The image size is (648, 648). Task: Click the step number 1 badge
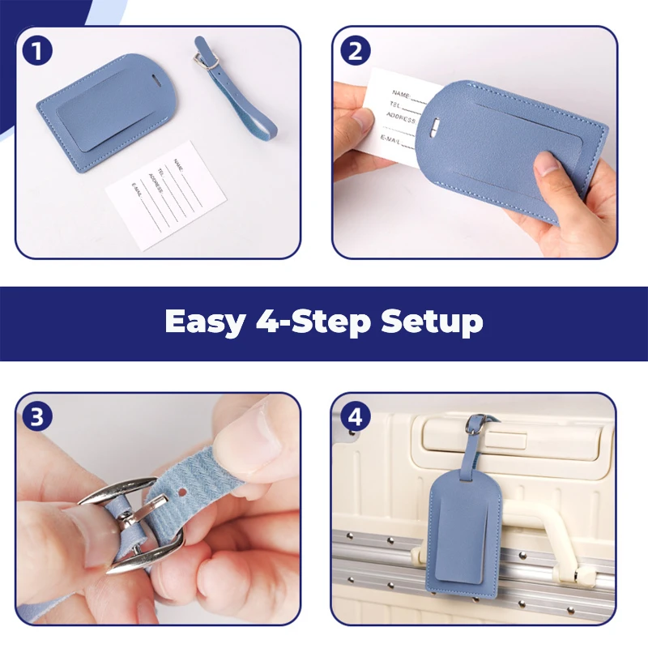coord(37,51)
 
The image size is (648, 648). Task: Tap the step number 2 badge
coord(355,51)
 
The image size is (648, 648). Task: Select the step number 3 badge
coord(37,416)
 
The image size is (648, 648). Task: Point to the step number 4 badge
coord(355,416)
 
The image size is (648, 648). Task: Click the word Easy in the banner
coord(206,322)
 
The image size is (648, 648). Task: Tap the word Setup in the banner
coord(432,322)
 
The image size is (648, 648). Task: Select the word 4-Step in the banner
coord(313,321)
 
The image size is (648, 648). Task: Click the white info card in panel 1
coord(166,195)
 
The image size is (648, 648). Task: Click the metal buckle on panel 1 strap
coord(205,61)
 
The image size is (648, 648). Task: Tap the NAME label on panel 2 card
coord(400,95)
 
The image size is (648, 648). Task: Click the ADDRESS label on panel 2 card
coord(400,117)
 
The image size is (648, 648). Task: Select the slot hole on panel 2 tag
coord(435,126)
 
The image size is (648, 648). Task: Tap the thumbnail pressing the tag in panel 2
coord(547,163)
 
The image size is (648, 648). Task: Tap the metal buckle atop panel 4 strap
coord(475,424)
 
